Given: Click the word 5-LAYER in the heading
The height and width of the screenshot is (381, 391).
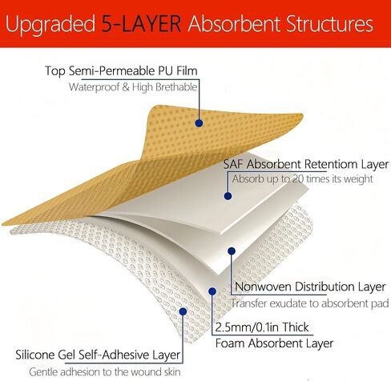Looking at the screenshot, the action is (141, 24).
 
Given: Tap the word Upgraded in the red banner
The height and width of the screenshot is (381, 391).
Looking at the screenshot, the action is (50, 25).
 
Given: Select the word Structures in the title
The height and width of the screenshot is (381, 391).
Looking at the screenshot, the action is (329, 24).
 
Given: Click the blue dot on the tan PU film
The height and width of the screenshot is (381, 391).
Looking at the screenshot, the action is (199, 123).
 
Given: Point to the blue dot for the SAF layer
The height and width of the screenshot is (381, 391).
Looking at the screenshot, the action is (228, 196).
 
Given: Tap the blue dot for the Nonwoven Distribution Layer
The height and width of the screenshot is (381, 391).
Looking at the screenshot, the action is (232, 251).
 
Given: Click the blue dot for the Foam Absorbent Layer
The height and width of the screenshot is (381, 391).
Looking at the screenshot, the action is (212, 291).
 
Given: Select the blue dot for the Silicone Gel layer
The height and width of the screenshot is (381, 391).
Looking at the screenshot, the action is (183, 311).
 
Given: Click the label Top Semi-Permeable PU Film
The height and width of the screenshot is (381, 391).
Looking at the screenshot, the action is (121, 71).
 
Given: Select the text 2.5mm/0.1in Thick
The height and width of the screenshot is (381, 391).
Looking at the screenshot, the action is (262, 327).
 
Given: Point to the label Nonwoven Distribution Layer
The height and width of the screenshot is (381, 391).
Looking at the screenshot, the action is (310, 287).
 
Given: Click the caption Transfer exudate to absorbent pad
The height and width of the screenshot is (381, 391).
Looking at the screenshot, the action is (310, 303).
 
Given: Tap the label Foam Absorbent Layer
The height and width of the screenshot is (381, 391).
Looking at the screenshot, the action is (274, 343).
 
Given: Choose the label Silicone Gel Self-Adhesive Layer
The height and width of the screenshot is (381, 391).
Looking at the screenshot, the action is (98, 355).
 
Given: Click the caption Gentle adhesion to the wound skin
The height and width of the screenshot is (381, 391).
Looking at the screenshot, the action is (105, 372).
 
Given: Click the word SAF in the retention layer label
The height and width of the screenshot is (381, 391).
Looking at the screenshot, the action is (233, 164).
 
